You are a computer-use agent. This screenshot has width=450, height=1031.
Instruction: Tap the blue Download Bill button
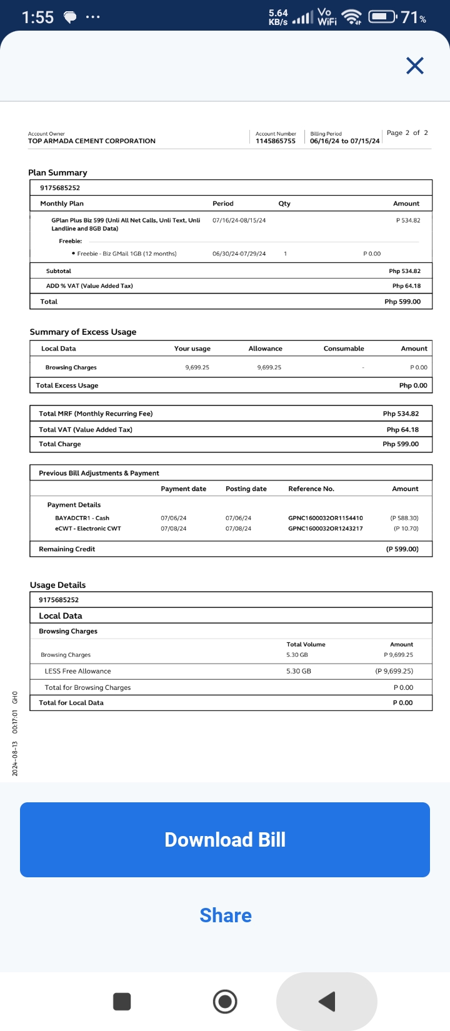225,839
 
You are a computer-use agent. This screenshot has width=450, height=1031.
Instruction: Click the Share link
226,915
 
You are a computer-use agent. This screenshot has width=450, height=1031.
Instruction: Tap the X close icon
415,66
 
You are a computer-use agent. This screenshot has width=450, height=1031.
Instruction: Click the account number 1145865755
276,141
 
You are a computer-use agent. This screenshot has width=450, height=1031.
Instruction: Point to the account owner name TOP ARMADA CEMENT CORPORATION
92,141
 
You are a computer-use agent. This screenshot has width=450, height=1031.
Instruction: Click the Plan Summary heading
57,172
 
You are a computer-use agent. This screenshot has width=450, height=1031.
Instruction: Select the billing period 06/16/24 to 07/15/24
345,141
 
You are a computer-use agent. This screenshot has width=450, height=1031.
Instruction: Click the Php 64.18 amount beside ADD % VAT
406,286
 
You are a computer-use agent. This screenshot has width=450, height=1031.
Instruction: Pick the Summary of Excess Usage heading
83,332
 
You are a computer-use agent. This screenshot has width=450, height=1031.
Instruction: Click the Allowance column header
266,349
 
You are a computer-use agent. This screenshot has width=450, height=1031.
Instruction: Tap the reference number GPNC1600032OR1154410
326,518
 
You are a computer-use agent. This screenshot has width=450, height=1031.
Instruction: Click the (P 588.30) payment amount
404,518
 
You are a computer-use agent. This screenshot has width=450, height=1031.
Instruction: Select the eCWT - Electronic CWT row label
88,529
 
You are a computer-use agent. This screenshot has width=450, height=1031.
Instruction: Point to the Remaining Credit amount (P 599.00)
402,549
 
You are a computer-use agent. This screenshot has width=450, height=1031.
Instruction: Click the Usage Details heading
58,585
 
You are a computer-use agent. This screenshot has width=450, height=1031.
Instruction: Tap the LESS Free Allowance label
77,671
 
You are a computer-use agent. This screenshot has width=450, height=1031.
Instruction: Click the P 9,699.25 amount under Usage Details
399,655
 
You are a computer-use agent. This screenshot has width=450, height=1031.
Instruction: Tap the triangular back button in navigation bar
327,1002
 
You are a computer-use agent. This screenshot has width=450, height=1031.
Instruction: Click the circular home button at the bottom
225,1002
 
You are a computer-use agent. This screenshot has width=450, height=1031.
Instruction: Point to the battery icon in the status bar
382,17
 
